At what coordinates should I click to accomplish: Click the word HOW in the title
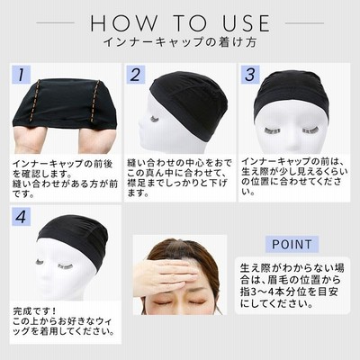coord(124,23)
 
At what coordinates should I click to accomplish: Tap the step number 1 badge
coord(21,74)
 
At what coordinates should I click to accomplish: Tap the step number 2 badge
coord(136,74)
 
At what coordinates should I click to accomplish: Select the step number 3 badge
coord(250,74)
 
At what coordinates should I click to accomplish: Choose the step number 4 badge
coord(21,217)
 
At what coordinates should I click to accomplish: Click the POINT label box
coord(292,244)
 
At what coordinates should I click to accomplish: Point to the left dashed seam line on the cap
coord(33,101)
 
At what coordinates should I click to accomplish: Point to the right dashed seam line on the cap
coord(95,102)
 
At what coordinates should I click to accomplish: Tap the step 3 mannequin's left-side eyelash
coord(273,130)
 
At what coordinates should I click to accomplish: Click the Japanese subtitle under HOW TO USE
coord(180,42)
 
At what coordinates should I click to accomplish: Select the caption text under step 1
coord(65,179)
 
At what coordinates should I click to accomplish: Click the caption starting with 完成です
coord(64,321)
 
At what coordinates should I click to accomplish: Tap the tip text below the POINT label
coord(292,285)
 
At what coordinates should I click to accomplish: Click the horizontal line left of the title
coord(56,22)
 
